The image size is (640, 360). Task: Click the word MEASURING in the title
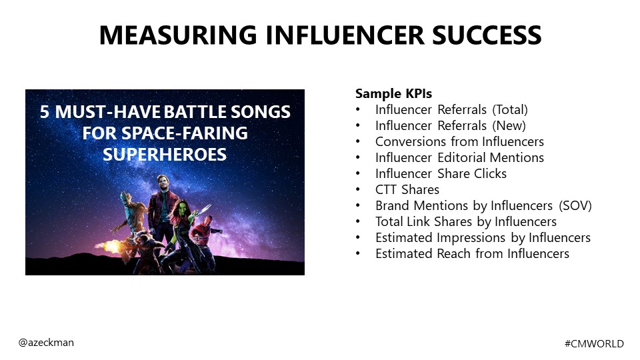pyautogui.click(x=178, y=35)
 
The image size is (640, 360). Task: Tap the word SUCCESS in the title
pyautogui.click(x=487, y=35)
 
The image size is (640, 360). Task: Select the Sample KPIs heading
pyautogui.click(x=393, y=93)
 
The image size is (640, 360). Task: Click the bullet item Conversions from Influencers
pyautogui.click(x=459, y=141)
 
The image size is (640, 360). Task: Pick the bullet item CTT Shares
pyautogui.click(x=407, y=190)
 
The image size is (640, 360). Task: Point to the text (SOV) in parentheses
pyautogui.click(x=575, y=206)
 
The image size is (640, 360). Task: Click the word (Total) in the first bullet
pyautogui.click(x=510, y=110)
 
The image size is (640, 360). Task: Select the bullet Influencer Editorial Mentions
pyautogui.click(x=459, y=157)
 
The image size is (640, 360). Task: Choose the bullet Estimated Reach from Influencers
pyautogui.click(x=472, y=253)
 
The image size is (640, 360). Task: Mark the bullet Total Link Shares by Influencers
pyautogui.click(x=466, y=221)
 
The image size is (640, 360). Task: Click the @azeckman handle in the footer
pyautogui.click(x=46, y=343)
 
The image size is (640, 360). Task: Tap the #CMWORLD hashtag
pyautogui.click(x=594, y=344)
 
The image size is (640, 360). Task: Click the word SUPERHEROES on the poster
pyautogui.click(x=165, y=155)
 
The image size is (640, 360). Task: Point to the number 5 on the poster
pyautogui.click(x=45, y=112)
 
